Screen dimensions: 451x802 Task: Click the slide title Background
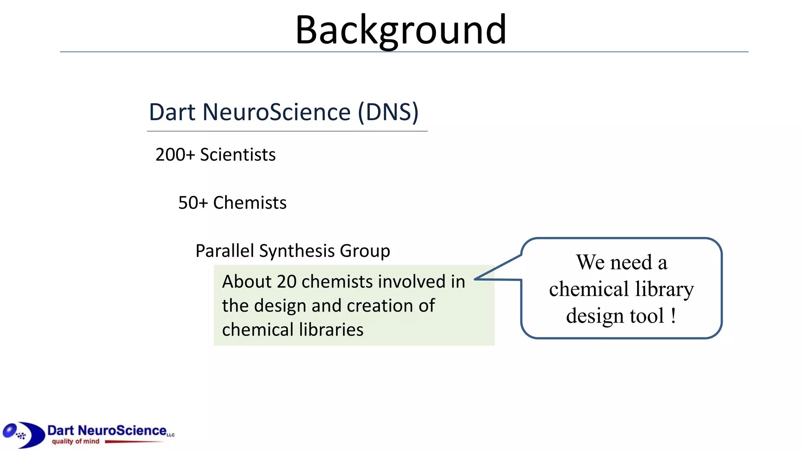pos(401,30)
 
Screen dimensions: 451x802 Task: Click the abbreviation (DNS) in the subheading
pos(388,112)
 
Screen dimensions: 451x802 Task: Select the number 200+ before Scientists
pos(175,155)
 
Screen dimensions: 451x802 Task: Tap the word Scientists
pos(238,155)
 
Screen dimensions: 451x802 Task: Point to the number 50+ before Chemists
pos(193,203)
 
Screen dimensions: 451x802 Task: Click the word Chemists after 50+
pos(249,203)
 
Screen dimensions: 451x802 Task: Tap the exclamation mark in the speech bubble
pos(673,316)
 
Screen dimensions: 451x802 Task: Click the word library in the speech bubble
pos(664,289)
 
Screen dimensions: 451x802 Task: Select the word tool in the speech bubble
pos(647,316)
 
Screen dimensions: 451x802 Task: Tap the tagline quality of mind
pos(76,441)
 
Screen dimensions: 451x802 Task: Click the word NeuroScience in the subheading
pos(276,112)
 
